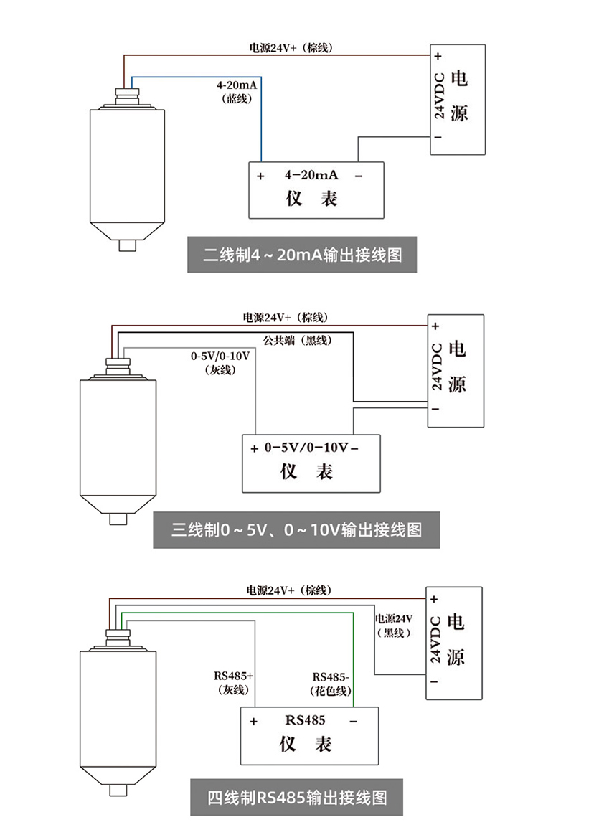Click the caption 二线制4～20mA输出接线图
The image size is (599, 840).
tap(302, 255)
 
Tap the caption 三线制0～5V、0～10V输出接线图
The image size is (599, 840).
tap(296, 531)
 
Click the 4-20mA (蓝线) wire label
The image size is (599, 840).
tap(237, 92)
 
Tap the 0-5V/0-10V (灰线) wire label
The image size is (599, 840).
tap(220, 362)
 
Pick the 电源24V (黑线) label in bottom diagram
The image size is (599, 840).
tap(394, 625)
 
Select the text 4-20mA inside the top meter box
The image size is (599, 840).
tap(311, 175)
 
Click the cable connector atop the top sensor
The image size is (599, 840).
tap(126, 95)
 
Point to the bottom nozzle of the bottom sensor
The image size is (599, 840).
tap(119, 791)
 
